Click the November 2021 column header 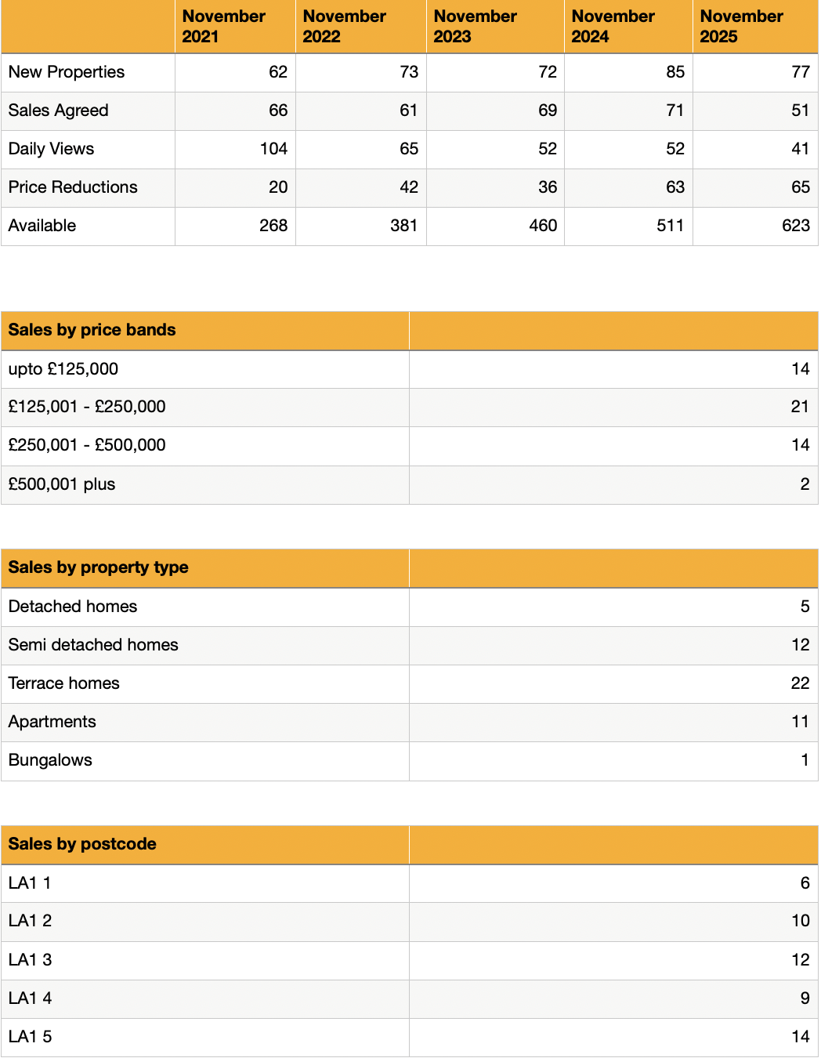click(223, 27)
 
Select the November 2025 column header click(741, 27)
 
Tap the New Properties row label click(67, 72)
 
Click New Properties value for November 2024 click(675, 72)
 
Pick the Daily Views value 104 click(273, 149)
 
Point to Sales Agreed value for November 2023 click(547, 111)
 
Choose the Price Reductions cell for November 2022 click(408, 187)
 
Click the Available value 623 click(795, 226)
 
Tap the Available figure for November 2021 click(273, 226)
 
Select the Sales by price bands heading click(92, 330)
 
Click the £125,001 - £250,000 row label click(87, 407)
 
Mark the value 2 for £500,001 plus click(805, 484)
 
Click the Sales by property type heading click(99, 567)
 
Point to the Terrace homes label click(64, 683)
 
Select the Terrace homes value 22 click(800, 683)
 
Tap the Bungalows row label click(50, 760)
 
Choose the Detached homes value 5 click(805, 607)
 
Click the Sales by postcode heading click(82, 844)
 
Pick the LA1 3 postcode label click(31, 960)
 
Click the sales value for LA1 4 click(805, 998)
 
